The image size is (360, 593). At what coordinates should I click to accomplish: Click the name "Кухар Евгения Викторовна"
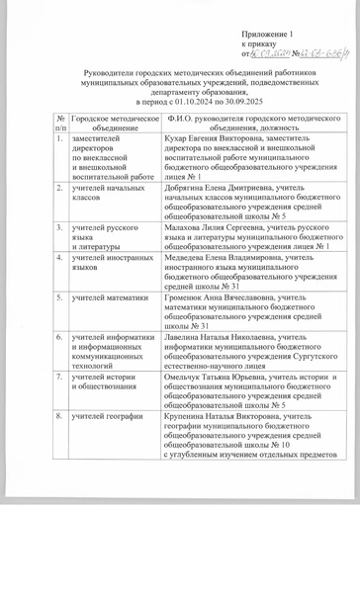click(209, 139)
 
